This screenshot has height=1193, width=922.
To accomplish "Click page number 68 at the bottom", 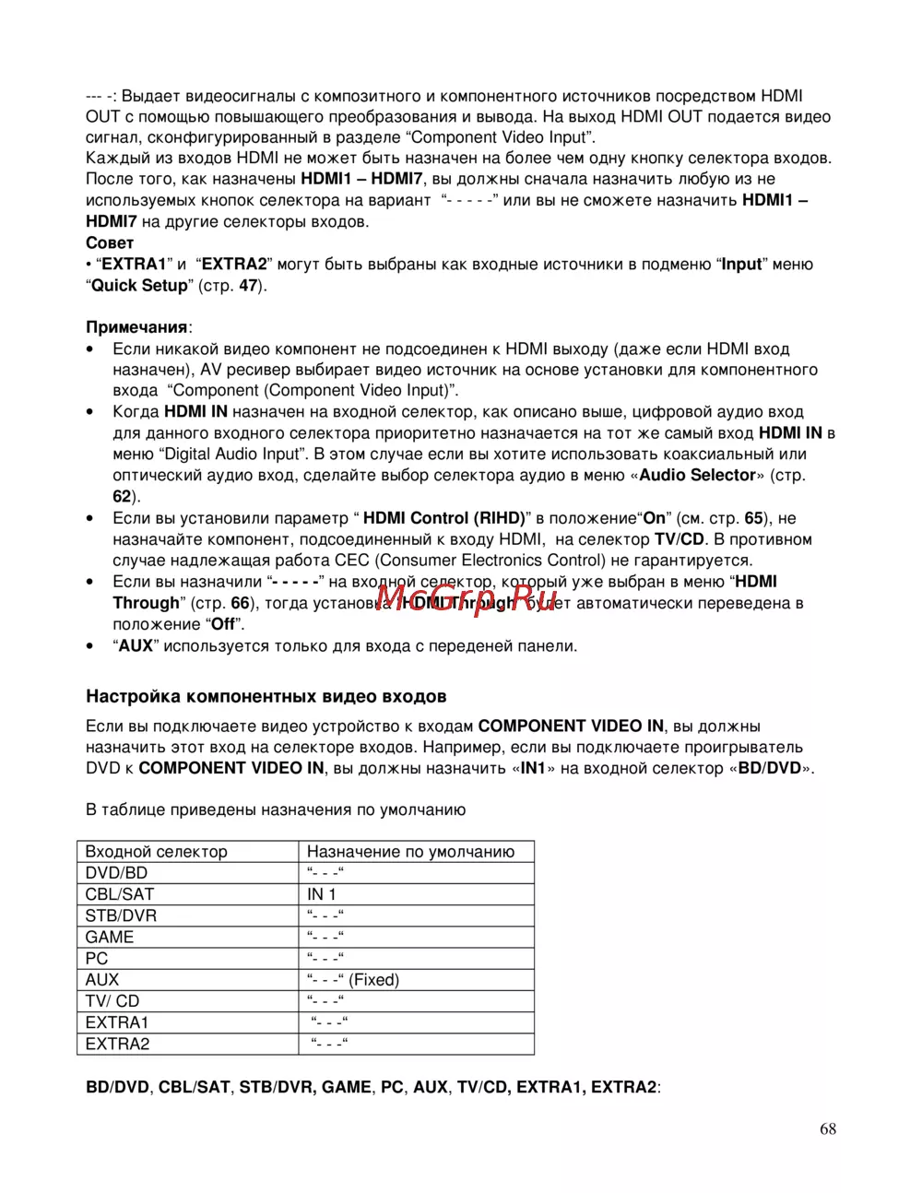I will pos(827,1129).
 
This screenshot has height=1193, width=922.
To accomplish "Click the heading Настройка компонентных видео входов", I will pos(266,696).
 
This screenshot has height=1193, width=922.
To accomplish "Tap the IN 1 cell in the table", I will pos(322,894).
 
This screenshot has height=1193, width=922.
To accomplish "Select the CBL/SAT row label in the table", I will pos(120,894).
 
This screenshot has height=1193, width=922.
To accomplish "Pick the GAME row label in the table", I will pos(110,937).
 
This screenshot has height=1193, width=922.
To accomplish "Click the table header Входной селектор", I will pos(156,852).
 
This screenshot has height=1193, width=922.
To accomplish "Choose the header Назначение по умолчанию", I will pos(410,852).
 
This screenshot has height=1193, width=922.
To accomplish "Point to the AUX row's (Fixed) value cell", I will pos(353,980).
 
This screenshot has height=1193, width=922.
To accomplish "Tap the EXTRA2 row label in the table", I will pos(117,1045).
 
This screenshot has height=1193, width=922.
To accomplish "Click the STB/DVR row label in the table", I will pos(121,915).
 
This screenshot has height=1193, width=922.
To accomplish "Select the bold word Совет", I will pos(110,243).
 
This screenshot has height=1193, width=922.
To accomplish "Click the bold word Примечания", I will pos(137,327).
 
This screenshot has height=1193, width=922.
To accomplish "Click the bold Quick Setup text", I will pos(139,286).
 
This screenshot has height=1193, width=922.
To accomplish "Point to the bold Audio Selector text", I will pos(697,476).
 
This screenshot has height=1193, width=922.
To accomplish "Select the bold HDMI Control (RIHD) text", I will pos(444,518).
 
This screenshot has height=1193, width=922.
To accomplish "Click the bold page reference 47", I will pos(248,286).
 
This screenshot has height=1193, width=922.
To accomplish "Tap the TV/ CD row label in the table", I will pos(112,1001).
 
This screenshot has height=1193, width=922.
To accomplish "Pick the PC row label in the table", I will pos(97,959).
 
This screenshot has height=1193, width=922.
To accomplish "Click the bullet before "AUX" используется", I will pos(89,646).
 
